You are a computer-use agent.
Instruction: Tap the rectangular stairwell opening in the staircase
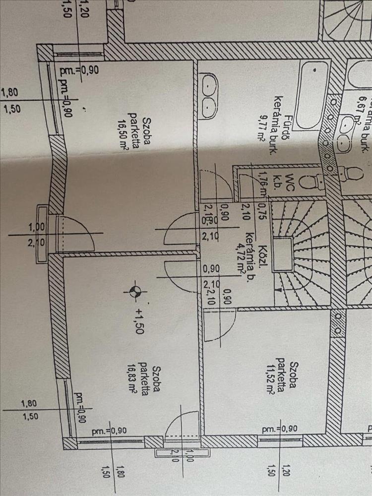pyautogui.click(x=285, y=254)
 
